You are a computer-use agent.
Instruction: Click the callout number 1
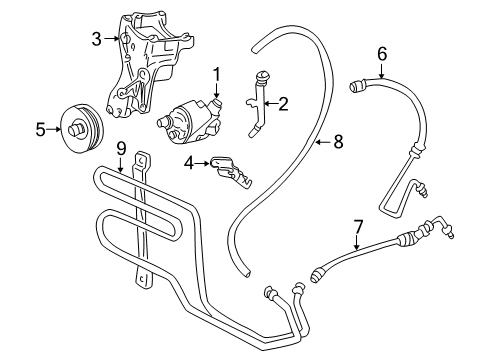[215, 73]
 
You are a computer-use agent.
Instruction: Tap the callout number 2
[282, 102]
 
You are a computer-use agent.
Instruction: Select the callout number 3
[96, 39]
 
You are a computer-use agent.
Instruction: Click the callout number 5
[40, 128]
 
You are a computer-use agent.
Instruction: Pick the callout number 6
[381, 53]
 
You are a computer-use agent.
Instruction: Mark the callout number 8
[337, 142]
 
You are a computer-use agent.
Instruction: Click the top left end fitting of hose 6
[357, 88]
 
